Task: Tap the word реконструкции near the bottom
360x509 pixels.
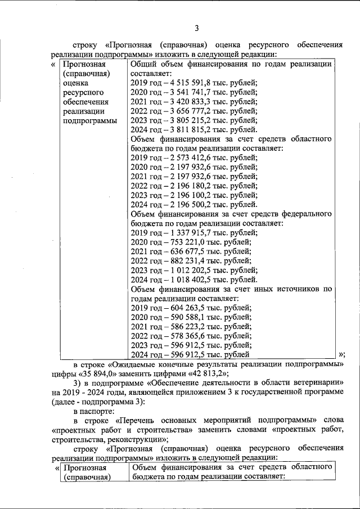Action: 136,439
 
